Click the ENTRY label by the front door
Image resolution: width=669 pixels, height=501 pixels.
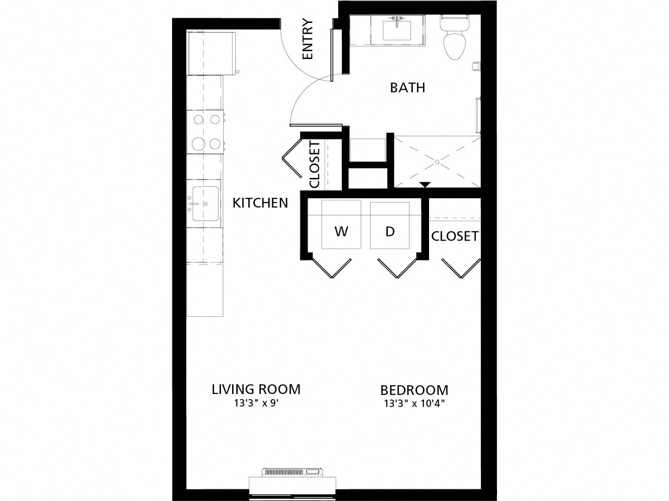point(307,40)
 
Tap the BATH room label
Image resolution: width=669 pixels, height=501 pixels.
point(407,88)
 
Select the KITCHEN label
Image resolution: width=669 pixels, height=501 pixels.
point(260,202)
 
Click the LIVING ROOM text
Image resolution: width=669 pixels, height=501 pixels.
point(256,389)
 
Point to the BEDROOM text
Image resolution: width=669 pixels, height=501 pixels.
point(414,390)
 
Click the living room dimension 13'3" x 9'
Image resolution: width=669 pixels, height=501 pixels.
point(256,403)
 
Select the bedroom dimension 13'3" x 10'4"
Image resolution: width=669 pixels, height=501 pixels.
point(414,403)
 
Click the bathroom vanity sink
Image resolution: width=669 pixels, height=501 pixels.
point(397,29)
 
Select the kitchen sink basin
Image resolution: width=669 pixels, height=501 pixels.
point(205,204)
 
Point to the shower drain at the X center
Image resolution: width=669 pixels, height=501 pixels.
point(437,162)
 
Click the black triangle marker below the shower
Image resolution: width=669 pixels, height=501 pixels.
point(425,184)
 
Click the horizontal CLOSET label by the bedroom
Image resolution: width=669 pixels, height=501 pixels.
point(454,236)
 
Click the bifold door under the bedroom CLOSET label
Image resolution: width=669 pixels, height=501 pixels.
point(460,267)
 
